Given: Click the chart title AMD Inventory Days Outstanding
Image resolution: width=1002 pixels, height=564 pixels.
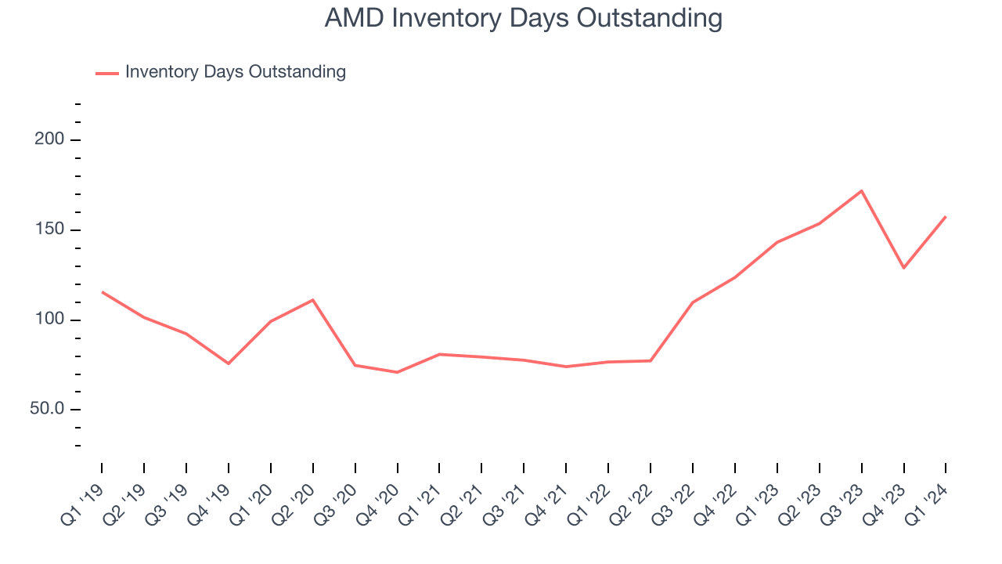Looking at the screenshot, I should coord(523,18).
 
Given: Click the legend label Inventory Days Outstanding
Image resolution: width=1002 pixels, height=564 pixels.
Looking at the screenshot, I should coord(235,72).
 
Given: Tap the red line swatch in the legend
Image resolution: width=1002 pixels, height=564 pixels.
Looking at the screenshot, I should coord(107,73).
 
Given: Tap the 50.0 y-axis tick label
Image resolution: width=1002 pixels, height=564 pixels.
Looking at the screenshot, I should coord(47,410).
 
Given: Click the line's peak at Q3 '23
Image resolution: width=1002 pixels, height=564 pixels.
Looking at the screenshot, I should coord(861,190).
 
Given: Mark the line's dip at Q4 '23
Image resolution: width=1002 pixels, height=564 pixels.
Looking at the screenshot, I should coord(903,268).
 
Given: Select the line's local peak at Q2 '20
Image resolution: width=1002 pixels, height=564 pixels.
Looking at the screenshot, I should coord(313,300).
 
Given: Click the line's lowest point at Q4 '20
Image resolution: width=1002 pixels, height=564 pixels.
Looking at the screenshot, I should coord(397,372).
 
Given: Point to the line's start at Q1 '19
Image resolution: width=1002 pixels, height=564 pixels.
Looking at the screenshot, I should coord(102,292).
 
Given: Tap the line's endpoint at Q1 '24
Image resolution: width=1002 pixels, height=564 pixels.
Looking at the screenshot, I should coord(946,216).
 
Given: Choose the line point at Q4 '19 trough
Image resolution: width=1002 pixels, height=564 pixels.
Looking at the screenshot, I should coord(229,363).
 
